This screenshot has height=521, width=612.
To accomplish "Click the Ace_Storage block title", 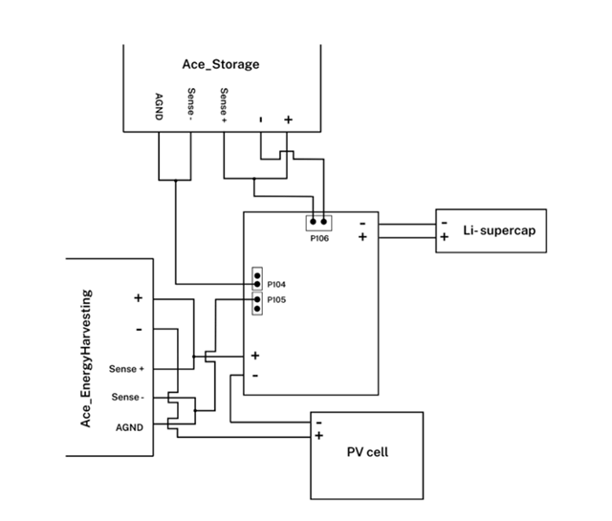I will coord(221,65).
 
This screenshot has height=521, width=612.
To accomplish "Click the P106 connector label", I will coord(318,239).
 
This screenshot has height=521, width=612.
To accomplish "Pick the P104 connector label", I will coord(276,284).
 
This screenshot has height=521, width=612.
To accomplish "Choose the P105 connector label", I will coord(276,300).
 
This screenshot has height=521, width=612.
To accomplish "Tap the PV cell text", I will coord(367,452).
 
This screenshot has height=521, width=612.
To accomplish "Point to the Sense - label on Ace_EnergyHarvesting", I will coord(128,397).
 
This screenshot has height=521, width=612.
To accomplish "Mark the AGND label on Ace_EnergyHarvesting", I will coord(129,426).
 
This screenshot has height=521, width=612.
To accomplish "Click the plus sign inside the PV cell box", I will coord(318,436).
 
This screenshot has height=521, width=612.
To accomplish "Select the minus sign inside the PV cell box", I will coord(318,422).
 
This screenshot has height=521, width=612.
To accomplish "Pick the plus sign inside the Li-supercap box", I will coord(444,238).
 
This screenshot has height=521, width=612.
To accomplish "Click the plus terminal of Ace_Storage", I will coord(288,120).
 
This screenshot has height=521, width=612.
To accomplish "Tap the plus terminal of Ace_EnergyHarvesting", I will coord(138,298).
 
